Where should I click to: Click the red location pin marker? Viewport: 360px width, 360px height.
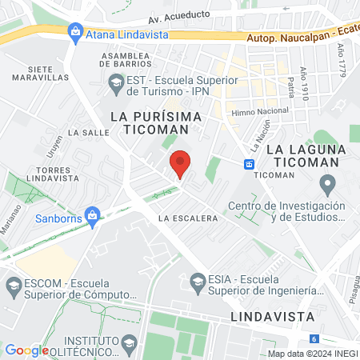180,164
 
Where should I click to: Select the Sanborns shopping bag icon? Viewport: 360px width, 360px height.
93,215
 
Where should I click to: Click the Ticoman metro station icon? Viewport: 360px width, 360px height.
250,164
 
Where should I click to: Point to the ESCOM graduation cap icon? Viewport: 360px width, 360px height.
14,285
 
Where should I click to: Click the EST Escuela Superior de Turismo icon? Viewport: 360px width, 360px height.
116,81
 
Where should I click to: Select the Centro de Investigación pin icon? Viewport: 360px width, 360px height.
326,186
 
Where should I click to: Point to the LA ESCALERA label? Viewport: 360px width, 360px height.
189,218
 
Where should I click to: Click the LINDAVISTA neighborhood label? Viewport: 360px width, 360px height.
271,317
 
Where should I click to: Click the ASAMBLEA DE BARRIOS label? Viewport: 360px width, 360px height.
126,61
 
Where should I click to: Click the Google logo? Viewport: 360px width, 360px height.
26,350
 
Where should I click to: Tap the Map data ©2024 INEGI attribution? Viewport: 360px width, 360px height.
312,354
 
